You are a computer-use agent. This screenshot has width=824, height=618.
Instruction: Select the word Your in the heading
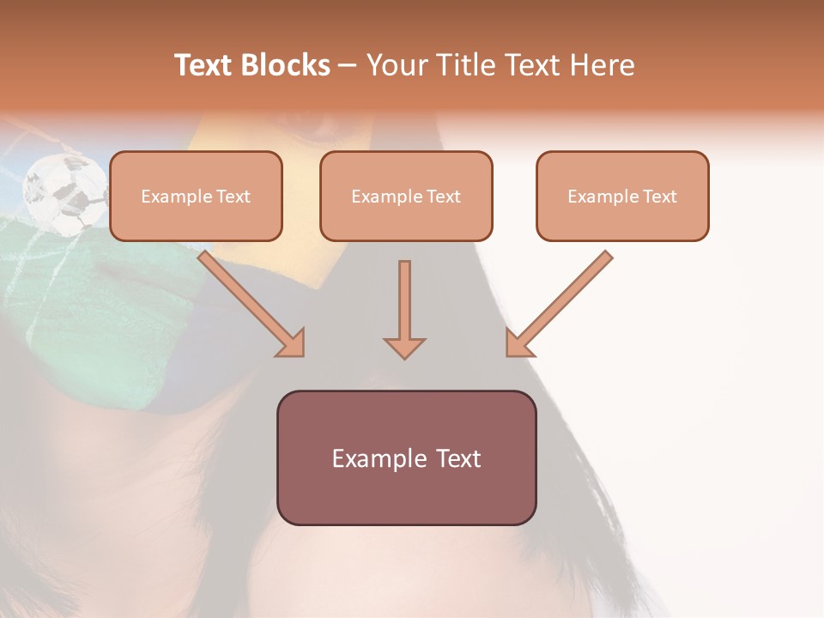click(x=394, y=65)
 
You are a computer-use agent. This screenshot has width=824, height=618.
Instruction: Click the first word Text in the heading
click(x=205, y=65)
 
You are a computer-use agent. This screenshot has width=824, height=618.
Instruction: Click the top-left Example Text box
click(x=196, y=197)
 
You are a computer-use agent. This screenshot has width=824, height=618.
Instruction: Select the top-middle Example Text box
click(x=406, y=197)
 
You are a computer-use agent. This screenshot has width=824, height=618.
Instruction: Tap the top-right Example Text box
click(x=622, y=197)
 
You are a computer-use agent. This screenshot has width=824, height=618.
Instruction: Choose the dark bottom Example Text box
click(x=406, y=458)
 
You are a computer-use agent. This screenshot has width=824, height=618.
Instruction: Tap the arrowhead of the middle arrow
click(x=404, y=347)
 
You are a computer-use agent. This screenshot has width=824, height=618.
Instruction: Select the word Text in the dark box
click(x=458, y=458)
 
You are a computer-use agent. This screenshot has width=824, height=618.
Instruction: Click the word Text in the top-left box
click(x=233, y=197)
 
